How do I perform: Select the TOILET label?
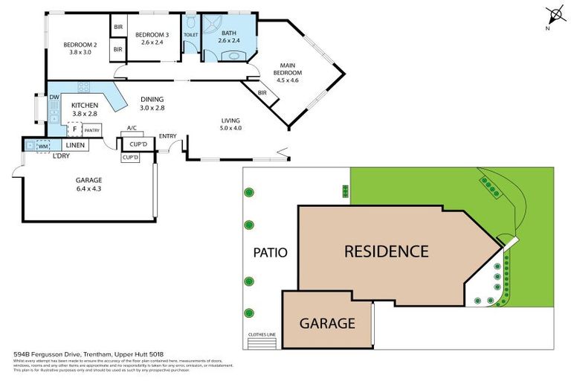pos(191,35)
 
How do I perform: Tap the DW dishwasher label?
pos(54,97)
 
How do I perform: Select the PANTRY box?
pos(91,130)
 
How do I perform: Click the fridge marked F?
pos(74,129)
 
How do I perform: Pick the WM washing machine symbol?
pos(42,146)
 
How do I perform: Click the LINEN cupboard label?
pos(75,145)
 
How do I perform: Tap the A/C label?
pos(132,127)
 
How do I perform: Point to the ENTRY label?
pos(167,135)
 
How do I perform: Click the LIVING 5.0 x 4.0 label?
pos(231,124)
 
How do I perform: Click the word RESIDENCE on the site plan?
pos(386,252)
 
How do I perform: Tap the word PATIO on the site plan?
pos(270,252)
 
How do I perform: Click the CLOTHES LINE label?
pos(262,335)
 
